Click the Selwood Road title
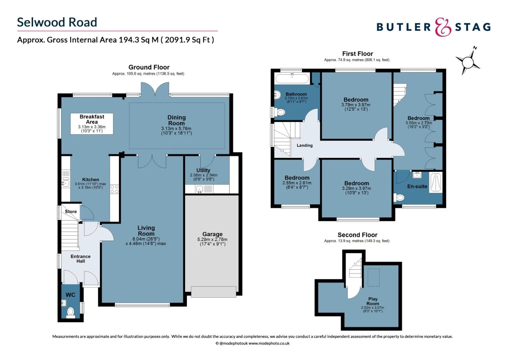coord(57,22)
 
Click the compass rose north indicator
coord(468,61)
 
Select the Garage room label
coord(212,234)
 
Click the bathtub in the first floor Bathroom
coord(292,79)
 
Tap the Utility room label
coord(203,170)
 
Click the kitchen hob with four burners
coord(114,189)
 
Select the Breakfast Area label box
coord(92,124)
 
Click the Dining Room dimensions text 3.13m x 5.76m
coord(176,129)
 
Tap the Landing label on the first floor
coord(304,145)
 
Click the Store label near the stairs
coord(71,212)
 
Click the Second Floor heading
coord(357,235)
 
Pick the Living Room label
coord(146,231)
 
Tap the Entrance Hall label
coord(80,259)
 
